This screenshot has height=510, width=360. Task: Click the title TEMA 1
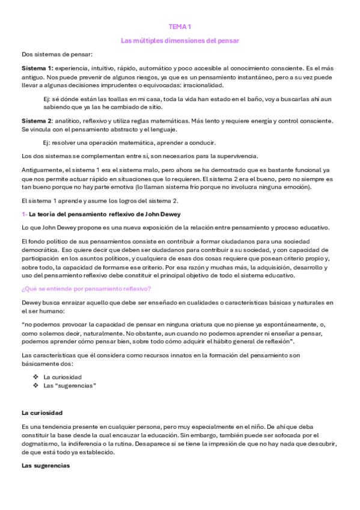180,27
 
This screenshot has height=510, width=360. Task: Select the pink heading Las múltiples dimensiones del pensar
180,41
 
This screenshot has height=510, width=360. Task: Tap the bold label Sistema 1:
37,67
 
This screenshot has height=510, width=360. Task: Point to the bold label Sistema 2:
37,121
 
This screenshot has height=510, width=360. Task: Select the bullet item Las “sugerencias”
70,384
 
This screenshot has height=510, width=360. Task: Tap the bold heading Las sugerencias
46,466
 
